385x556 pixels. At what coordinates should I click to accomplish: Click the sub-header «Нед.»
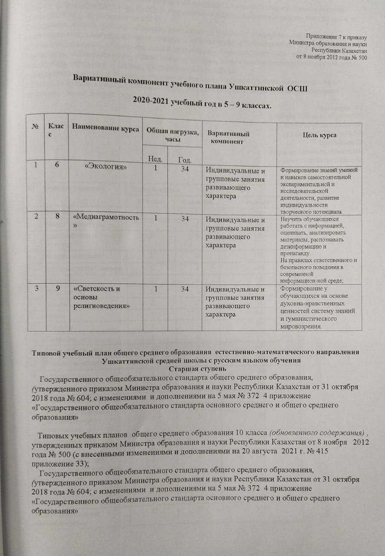155,159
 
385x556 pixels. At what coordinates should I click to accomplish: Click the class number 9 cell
57,289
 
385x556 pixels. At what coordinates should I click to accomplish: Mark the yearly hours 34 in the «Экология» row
185,169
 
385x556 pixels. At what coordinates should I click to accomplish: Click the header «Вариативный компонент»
229,138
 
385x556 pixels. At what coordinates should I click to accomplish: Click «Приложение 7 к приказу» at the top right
337,36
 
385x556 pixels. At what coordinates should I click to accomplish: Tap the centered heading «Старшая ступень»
192,369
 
